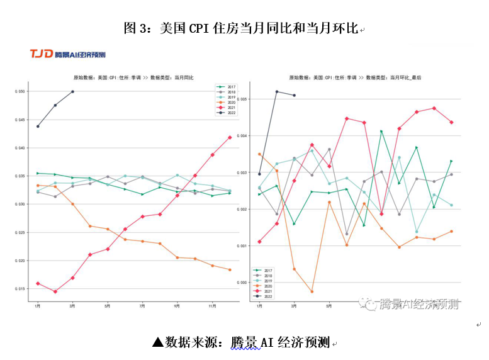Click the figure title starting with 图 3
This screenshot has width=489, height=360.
click(x=241, y=28)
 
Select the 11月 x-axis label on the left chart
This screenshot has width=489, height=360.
click(x=212, y=307)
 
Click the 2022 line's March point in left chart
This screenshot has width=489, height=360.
click(x=73, y=91)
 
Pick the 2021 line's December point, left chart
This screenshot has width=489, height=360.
click(x=230, y=137)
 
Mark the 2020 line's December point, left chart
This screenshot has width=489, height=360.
click(x=230, y=269)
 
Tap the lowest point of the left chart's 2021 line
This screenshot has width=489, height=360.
click(x=55, y=291)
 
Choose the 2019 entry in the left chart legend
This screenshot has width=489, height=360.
click(x=230, y=97)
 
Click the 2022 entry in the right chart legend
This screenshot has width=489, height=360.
click(x=267, y=296)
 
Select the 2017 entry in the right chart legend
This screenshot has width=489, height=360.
click(x=267, y=270)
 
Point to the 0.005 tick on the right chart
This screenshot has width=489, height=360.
click(x=243, y=99)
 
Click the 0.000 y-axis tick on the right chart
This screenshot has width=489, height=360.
click(x=243, y=283)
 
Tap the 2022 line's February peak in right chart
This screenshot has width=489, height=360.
click(x=277, y=91)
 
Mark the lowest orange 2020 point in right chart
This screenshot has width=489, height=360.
click(x=312, y=291)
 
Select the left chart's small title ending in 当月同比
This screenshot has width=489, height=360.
click(x=133, y=77)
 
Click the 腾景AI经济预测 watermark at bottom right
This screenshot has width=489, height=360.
click(x=412, y=304)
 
